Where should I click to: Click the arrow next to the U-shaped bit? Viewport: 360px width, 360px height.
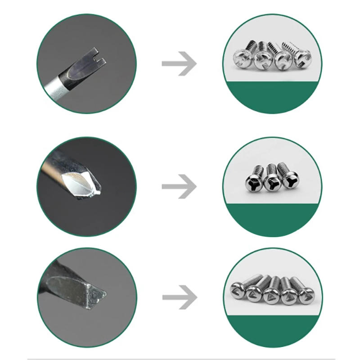tap(179, 63)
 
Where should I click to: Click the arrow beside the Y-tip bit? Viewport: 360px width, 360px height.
tap(179, 185)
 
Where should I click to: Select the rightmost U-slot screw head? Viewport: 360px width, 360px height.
tap(301, 60)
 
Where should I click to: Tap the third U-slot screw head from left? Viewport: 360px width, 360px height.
tap(283, 61)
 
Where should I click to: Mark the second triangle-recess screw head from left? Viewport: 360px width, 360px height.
tap(254, 296)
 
